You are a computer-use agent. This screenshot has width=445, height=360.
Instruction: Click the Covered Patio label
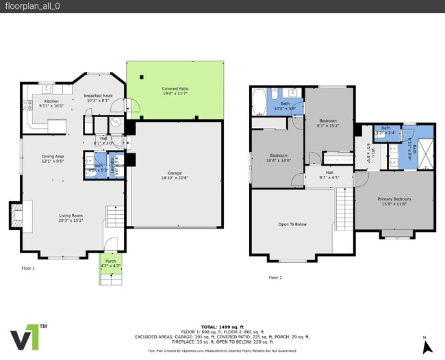pyautogui.click(x=175, y=92)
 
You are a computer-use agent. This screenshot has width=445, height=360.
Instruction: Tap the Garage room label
pyautogui.click(x=175, y=176)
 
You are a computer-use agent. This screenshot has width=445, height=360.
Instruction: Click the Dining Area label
pyautogui.click(x=53, y=159)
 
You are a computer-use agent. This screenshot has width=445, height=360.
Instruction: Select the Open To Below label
pyautogui.click(x=292, y=224)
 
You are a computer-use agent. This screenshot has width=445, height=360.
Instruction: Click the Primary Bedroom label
pyautogui.click(x=393, y=201)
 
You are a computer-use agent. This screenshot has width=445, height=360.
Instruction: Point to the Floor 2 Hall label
pyautogui.click(x=329, y=175)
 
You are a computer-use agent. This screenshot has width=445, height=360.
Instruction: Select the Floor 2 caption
pyautogui.click(x=275, y=277)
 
